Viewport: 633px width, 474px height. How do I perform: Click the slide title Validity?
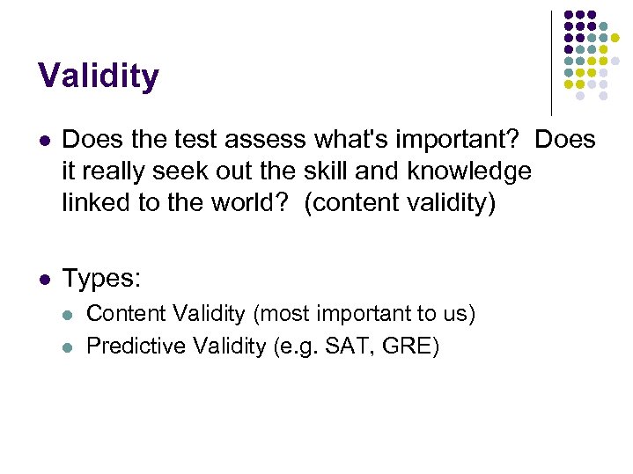tap(99, 77)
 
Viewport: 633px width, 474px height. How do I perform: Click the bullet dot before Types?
tap(45, 280)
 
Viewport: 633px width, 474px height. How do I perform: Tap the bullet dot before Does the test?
tap(45, 141)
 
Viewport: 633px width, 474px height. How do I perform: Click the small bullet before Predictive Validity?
tap(70, 346)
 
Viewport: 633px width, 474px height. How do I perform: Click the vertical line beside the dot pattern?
tap(551, 62)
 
